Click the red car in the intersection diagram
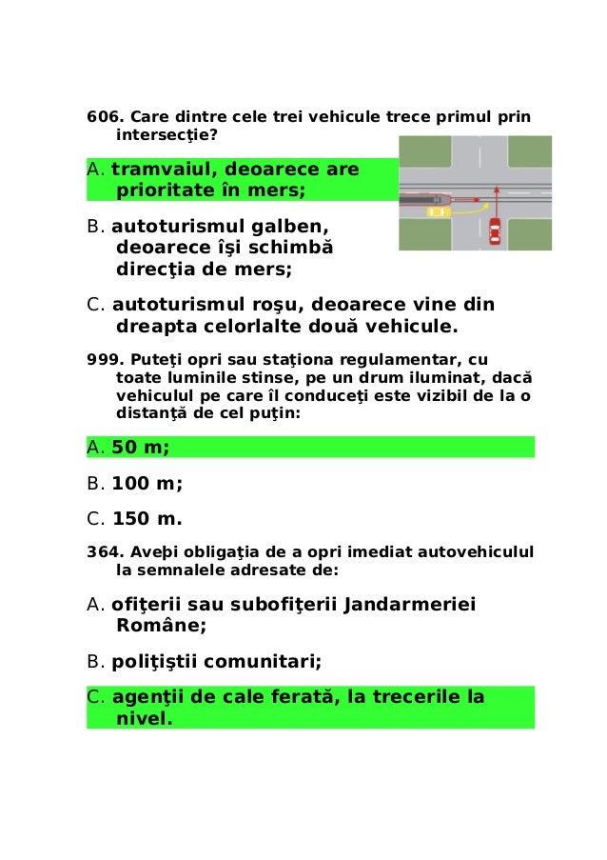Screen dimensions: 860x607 (494, 231)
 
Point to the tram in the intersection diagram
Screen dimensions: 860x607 (424, 199)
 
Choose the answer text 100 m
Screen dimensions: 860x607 (147, 483)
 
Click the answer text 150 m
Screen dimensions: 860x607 (147, 519)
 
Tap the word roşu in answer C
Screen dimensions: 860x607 (269, 305)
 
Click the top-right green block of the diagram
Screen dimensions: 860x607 (529, 150)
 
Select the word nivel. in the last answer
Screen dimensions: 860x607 (144, 719)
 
